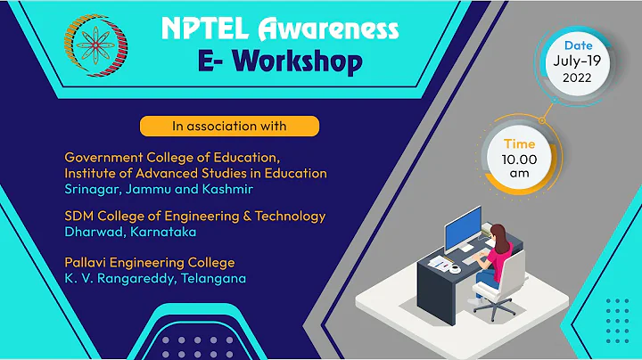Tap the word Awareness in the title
333,29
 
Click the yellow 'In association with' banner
229,124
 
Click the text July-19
574,61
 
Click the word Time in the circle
520,143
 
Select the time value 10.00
520,160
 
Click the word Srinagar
92,189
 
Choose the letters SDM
80,217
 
